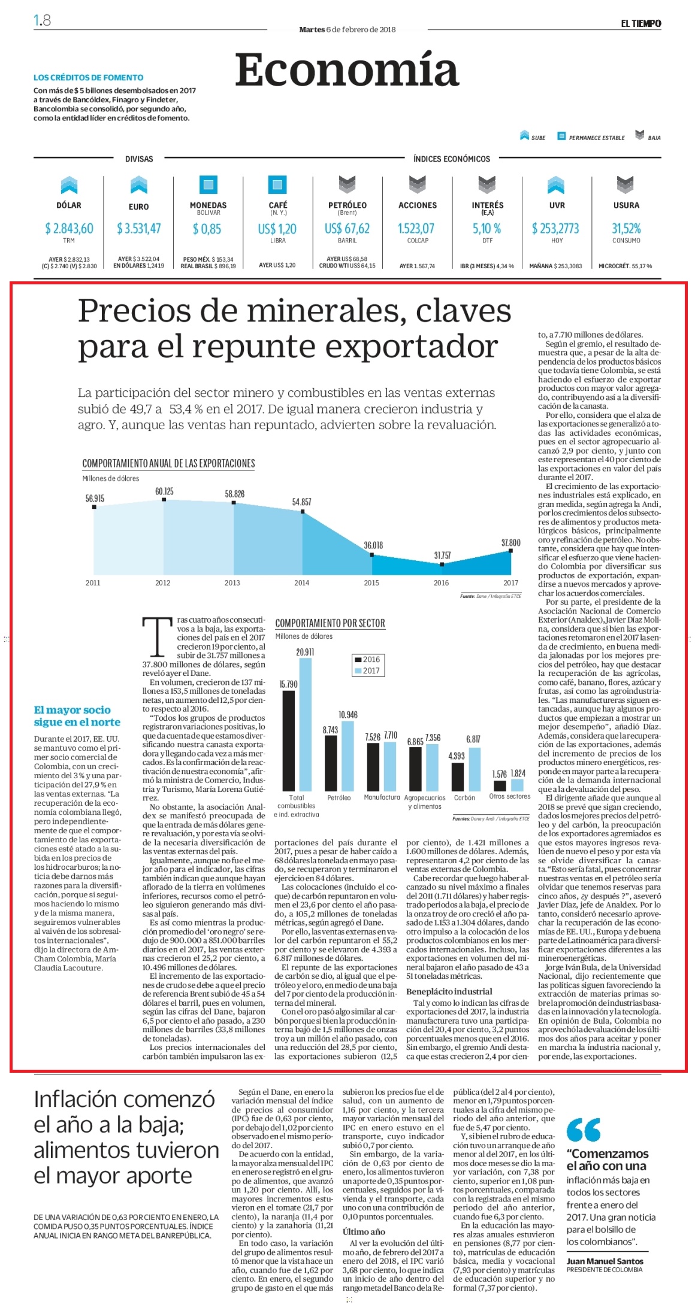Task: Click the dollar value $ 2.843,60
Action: click(x=69, y=228)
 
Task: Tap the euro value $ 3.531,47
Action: click(x=139, y=228)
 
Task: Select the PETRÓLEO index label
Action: click(x=347, y=205)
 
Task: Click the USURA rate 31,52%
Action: click(x=626, y=228)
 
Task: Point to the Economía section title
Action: click(x=347, y=70)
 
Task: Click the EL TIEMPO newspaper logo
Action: click(x=640, y=23)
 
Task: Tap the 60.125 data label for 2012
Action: click(x=164, y=491)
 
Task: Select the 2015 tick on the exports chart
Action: click(x=371, y=582)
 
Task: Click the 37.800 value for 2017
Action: click(x=511, y=542)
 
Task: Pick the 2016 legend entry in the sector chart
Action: click(x=367, y=659)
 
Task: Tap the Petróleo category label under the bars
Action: click(x=339, y=797)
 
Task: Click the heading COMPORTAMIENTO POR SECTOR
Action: click(x=330, y=623)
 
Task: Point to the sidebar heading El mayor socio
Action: click(x=72, y=710)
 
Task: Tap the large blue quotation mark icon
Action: click(x=584, y=1130)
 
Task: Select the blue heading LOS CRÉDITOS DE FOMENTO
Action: click(x=89, y=77)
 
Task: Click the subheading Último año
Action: click(x=364, y=1231)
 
